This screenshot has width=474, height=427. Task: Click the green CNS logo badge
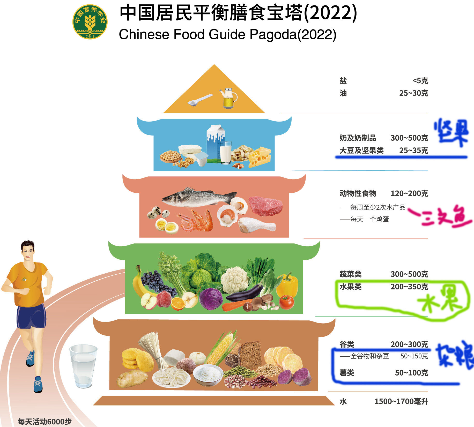[90, 22]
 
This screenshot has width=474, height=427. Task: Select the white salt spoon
[199, 100]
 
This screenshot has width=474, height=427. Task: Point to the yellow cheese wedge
[260, 157]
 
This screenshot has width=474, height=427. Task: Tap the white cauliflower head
[234, 280]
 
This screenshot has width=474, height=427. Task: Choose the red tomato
[286, 302]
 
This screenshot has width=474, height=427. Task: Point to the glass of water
[83, 366]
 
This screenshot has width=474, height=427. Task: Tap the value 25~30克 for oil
[413, 93]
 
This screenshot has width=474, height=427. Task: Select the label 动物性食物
[358, 193]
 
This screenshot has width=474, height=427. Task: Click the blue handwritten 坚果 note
[451, 132]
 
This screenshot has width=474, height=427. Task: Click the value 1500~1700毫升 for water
[401, 401]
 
